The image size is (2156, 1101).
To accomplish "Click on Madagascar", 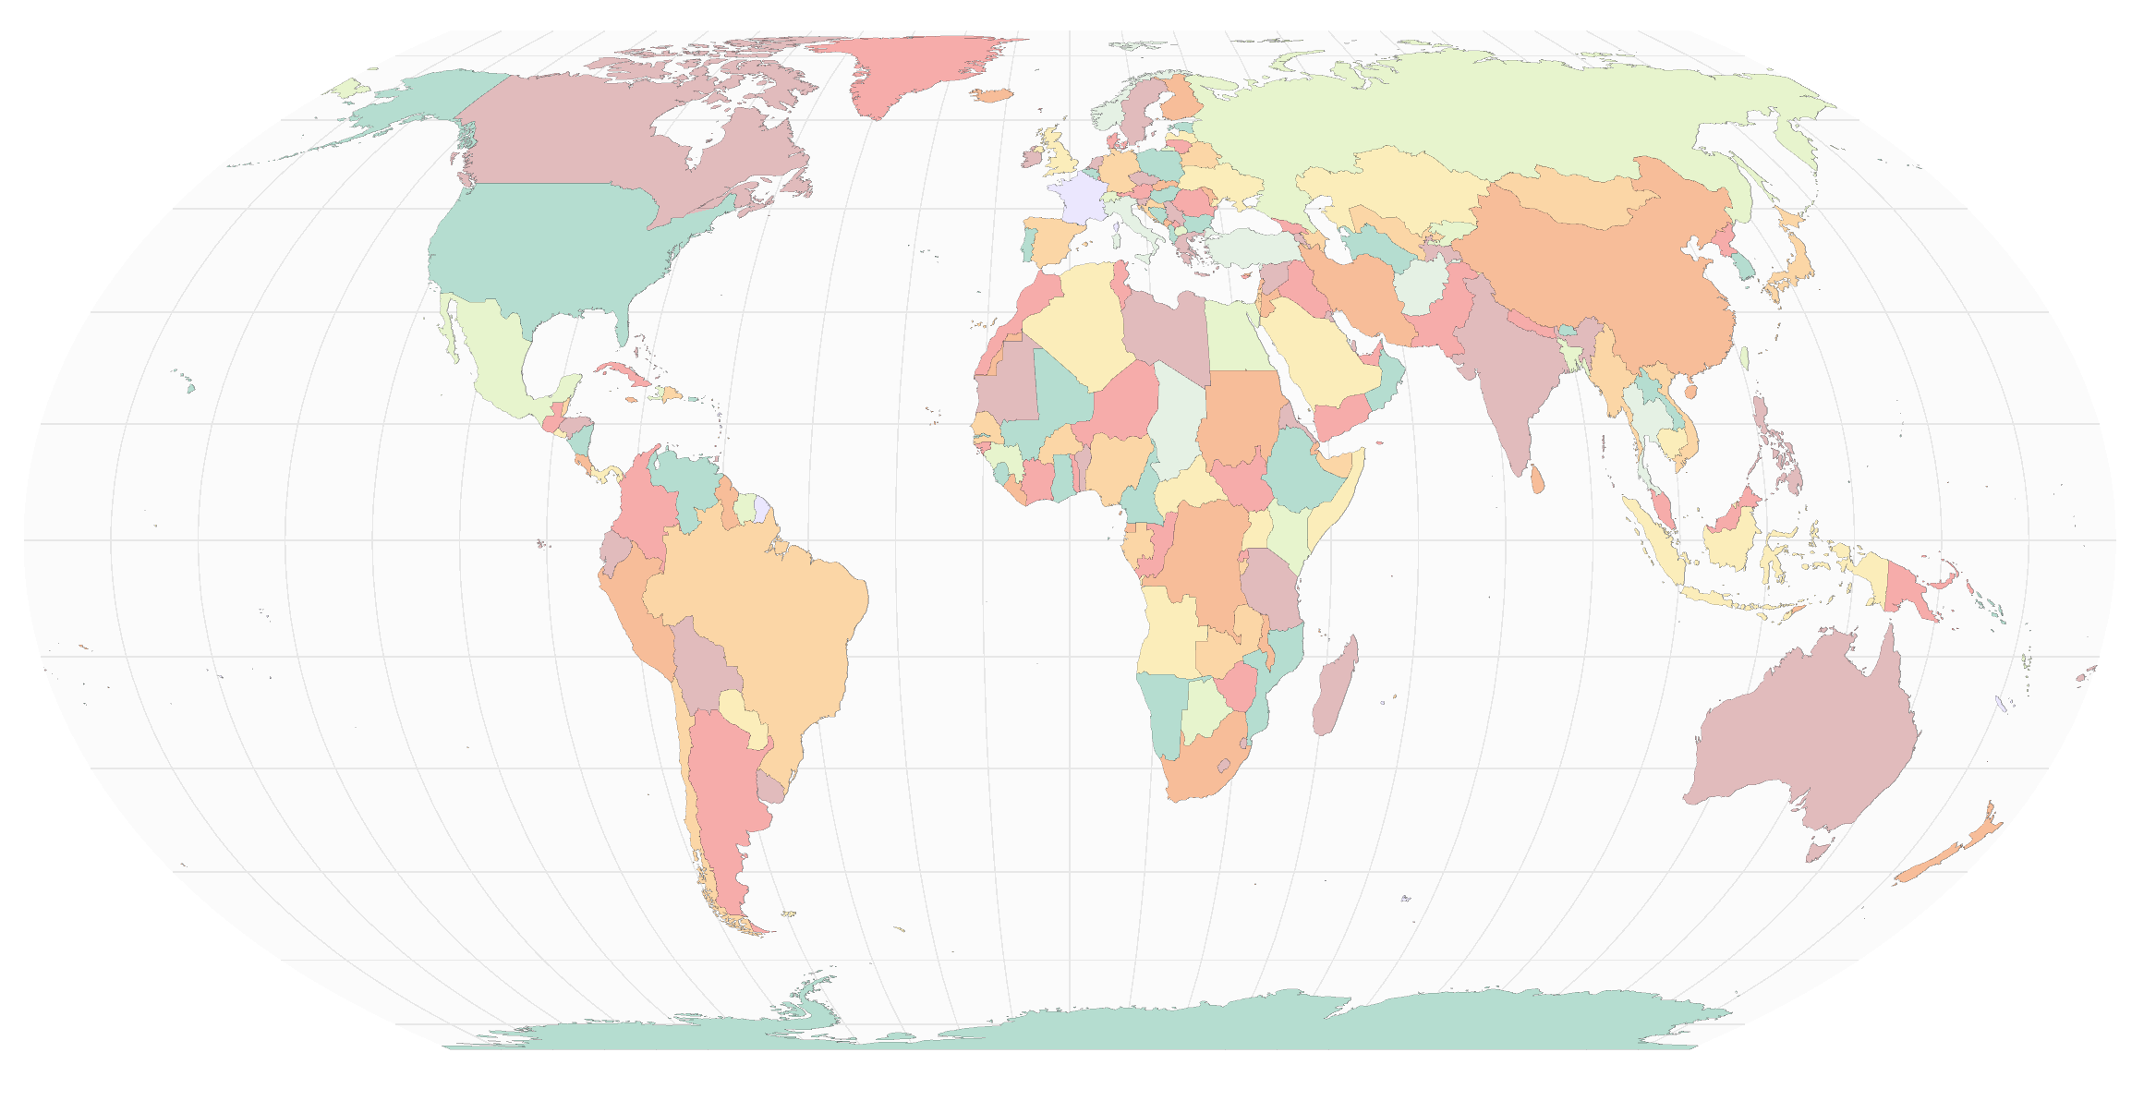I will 1335,688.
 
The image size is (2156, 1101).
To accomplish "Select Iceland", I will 993,94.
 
